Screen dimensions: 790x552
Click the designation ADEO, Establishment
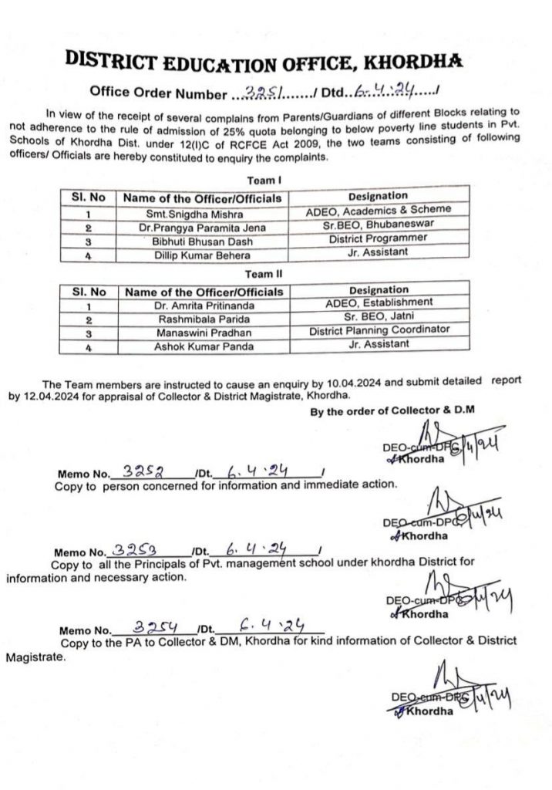[x=379, y=302]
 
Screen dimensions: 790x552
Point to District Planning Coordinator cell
[x=379, y=330]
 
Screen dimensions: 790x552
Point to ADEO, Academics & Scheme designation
[x=379, y=208]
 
